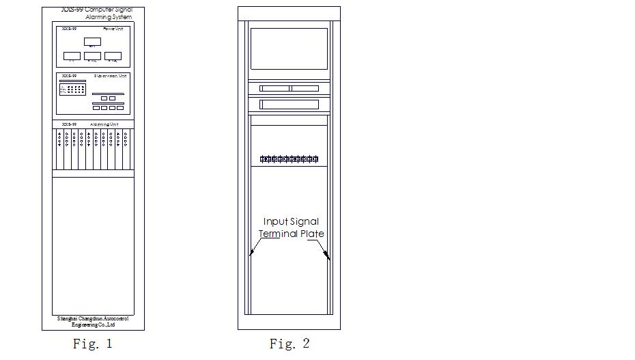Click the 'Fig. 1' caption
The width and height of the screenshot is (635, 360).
tap(92, 344)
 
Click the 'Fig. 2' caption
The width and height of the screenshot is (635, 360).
tap(289, 344)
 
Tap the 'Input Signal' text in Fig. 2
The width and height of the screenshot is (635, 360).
tap(291, 221)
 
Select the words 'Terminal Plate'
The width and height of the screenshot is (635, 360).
tap(291, 234)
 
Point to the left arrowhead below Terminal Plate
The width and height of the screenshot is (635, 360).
tap(251, 253)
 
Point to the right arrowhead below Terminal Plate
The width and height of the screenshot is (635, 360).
tap(328, 257)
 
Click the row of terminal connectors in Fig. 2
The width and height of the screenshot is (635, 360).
tap(289, 159)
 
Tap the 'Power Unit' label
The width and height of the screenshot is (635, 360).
tap(113, 29)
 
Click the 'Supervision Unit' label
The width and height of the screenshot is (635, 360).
tap(111, 76)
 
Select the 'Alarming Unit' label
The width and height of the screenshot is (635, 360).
tap(104, 124)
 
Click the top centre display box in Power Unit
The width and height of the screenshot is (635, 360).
tap(92, 42)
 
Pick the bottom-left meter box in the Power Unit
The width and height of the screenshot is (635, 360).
tap(72, 56)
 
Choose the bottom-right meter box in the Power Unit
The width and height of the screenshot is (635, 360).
tap(113, 56)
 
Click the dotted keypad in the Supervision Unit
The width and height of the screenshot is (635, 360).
tap(72, 89)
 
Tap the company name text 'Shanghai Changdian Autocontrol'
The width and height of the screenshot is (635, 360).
tap(93, 318)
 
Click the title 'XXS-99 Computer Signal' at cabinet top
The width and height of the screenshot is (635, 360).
tap(96, 10)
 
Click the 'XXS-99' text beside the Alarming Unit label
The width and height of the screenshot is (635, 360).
tap(69, 124)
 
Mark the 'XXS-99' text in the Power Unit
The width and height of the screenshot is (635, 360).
tap(69, 29)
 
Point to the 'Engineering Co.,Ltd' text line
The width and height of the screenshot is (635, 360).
tap(93, 325)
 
